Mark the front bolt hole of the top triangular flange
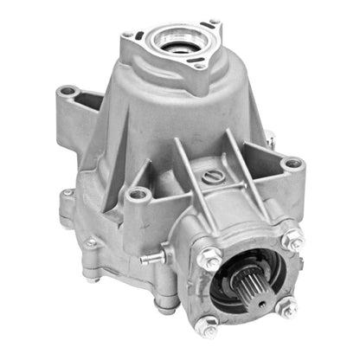[200, 66]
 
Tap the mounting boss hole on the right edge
[293, 162]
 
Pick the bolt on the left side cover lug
[90, 243]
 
